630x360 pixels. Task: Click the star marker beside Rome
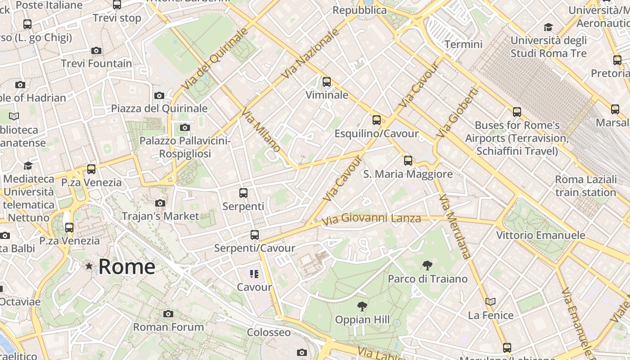[x=89, y=266]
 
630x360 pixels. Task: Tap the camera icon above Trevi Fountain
[x=96, y=50]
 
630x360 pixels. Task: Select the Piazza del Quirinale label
[x=159, y=108]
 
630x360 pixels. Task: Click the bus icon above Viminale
[x=327, y=82]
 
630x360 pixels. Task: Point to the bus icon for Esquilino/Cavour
[x=377, y=120]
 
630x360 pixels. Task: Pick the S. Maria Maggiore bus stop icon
[x=408, y=160]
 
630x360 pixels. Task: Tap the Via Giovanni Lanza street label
[x=372, y=219]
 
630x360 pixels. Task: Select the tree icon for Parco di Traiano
[x=427, y=265]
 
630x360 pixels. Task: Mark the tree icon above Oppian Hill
[x=362, y=306]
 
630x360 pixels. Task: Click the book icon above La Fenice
[x=490, y=301]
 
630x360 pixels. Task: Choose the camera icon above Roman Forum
[x=168, y=314]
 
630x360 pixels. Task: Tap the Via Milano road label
[x=261, y=130]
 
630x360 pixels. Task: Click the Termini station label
[x=463, y=44]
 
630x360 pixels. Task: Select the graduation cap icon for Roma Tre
[x=548, y=27]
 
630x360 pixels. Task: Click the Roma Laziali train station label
[x=585, y=186]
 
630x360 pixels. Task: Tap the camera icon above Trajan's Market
[x=160, y=203]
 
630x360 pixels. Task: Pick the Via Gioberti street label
[x=457, y=112]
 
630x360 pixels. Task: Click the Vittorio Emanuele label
[x=540, y=235]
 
